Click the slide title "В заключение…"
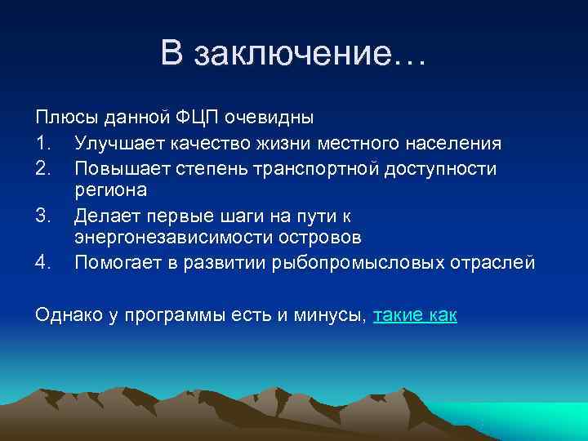[293, 54]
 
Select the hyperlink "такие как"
[415, 316]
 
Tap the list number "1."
[44, 144]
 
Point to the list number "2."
[44, 167]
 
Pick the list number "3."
[44, 215]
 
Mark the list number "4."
[44, 262]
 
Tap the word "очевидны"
[274, 120]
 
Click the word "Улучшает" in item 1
[118, 144]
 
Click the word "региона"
[110, 191]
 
